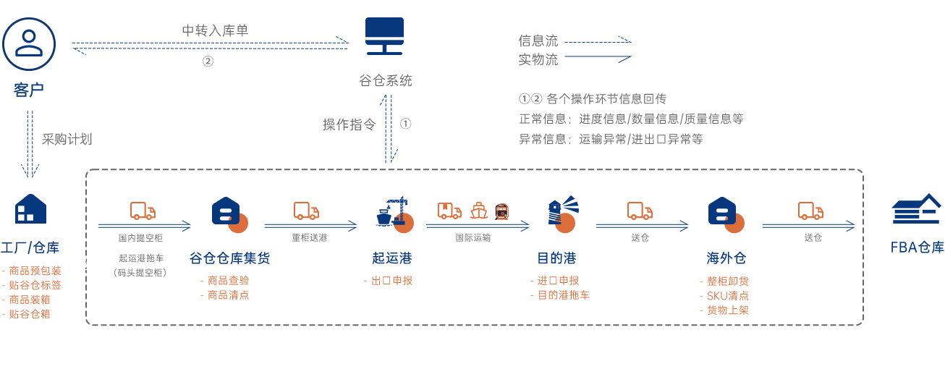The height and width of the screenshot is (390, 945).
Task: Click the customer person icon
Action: coord(29,43)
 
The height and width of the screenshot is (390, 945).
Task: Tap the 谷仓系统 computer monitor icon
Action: coord(384,36)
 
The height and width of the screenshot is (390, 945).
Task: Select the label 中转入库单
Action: coord(215,30)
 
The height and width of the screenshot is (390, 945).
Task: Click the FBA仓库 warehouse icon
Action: coord(917,211)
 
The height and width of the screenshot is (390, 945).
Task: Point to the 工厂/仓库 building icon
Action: coord(30,209)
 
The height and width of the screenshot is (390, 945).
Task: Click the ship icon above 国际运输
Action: coord(478,211)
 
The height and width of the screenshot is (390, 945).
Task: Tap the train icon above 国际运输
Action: coord(501,211)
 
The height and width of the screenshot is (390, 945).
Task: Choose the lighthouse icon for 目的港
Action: coord(562,211)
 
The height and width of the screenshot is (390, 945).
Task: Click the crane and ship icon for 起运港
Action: coord(392,212)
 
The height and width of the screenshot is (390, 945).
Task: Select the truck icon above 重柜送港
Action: coord(306,211)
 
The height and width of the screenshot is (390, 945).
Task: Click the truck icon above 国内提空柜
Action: coord(143,211)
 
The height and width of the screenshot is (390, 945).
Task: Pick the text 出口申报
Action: coord(391,281)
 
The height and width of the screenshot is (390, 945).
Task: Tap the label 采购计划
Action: coord(67,139)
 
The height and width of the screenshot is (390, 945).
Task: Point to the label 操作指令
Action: coord(349,124)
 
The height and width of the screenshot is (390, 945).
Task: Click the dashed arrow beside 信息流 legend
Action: coord(597,41)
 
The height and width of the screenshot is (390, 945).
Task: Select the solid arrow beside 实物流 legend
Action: coord(597,57)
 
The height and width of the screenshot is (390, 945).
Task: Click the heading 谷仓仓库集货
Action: coord(229,258)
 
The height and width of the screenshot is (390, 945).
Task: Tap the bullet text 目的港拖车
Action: coord(563,295)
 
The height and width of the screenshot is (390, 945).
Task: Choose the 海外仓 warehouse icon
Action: coord(724,212)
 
